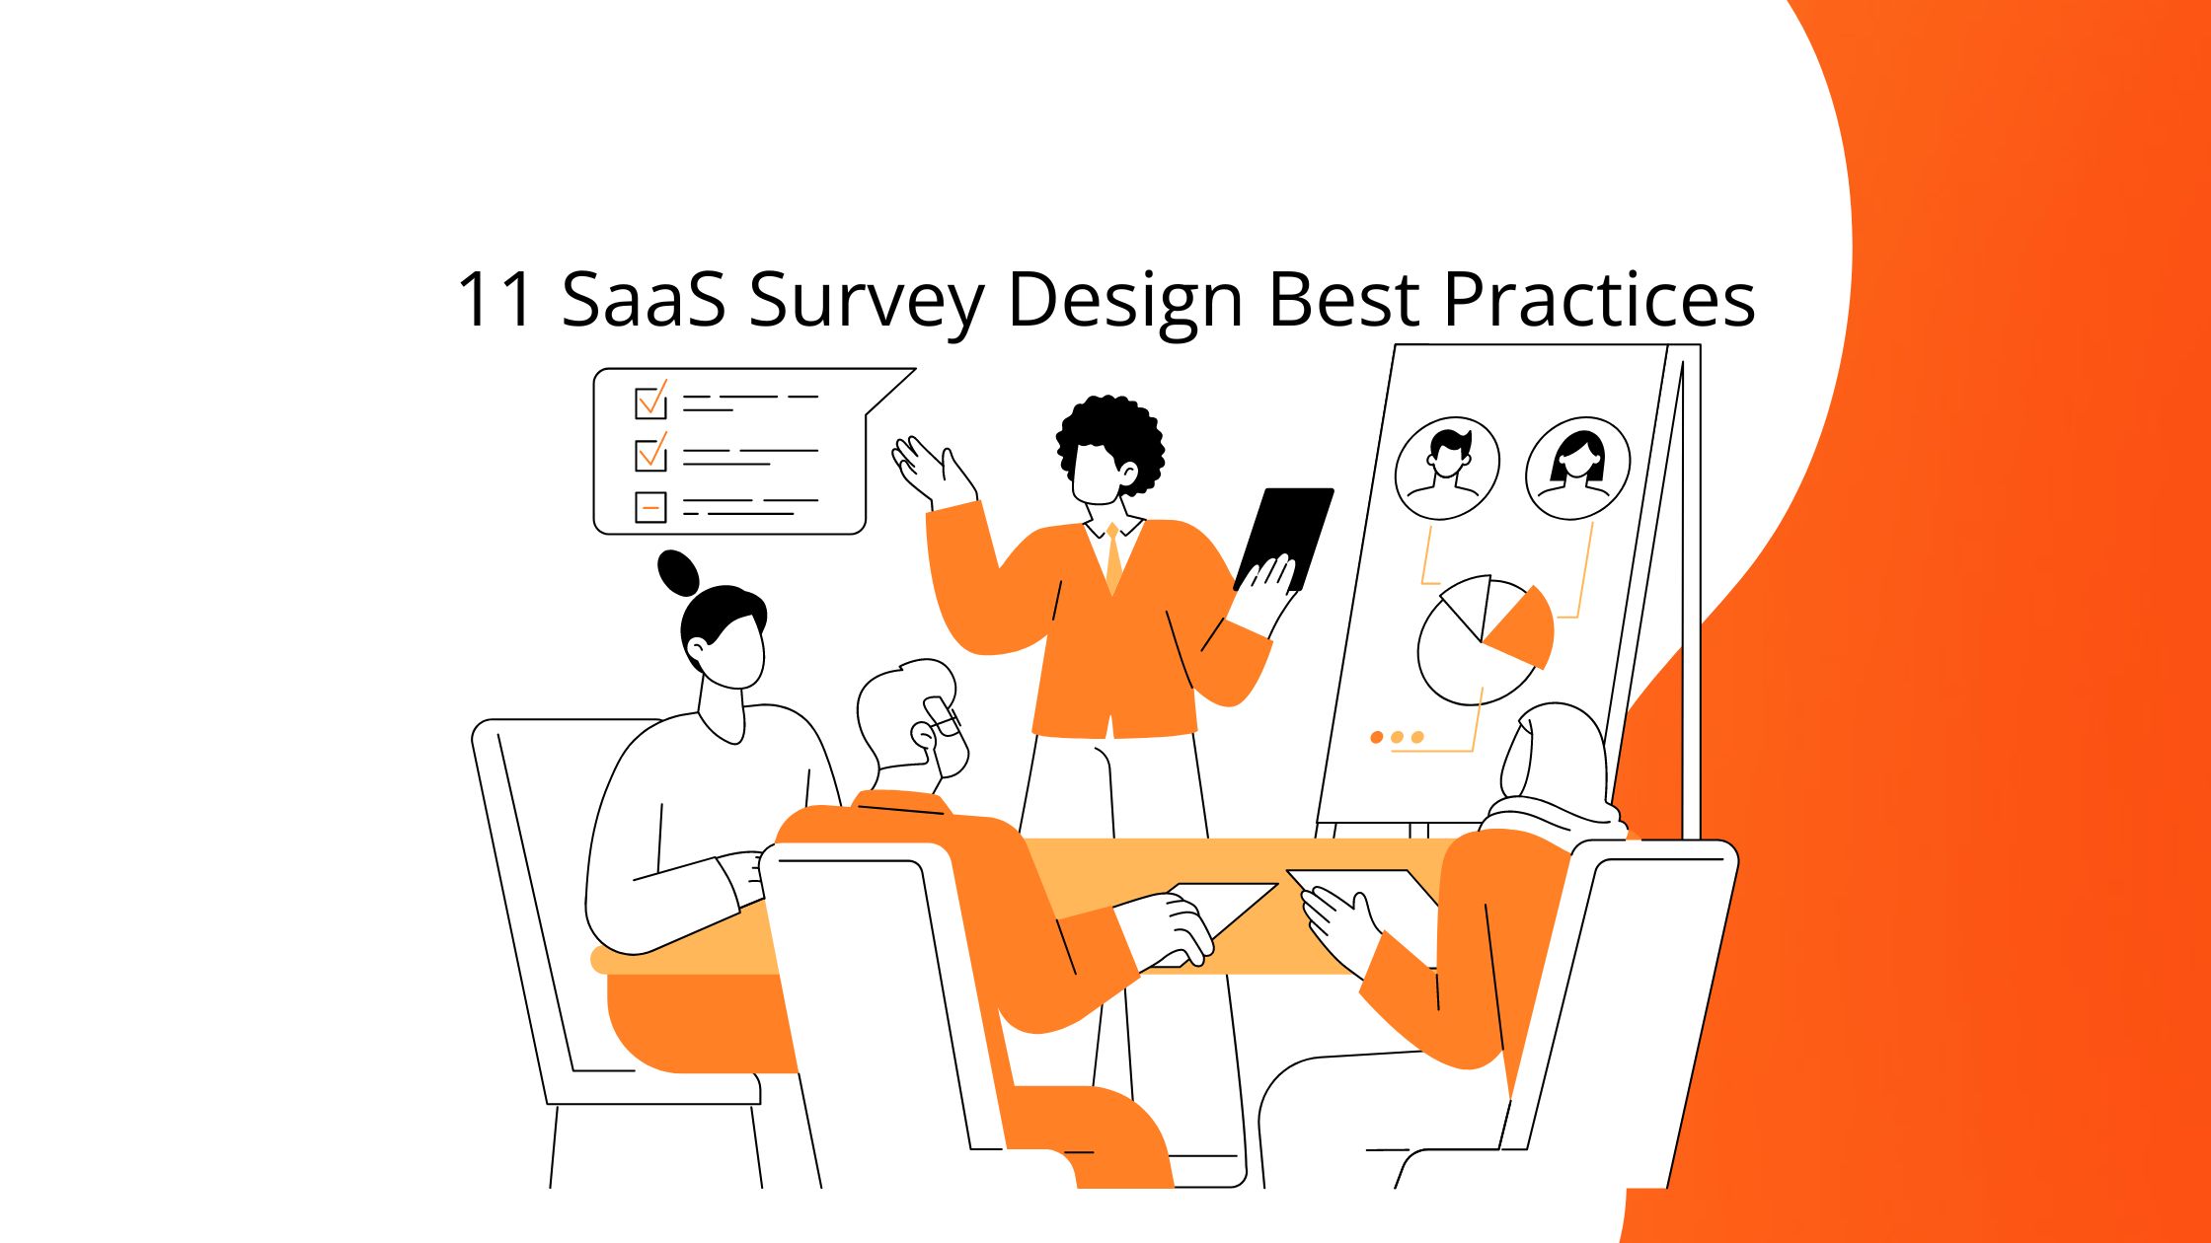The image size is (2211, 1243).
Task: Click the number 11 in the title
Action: (496, 299)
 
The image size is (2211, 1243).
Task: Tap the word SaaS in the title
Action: (644, 299)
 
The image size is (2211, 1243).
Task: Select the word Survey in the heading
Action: (866, 301)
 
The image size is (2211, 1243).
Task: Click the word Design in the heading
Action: (1124, 301)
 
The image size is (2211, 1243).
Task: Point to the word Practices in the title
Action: (1599, 299)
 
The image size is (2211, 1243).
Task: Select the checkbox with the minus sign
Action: (650, 507)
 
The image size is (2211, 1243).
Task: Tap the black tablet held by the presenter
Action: (1286, 533)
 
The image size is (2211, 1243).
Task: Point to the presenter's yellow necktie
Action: (1113, 558)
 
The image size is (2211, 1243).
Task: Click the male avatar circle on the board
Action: (1447, 468)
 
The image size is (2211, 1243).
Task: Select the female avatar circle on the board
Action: (1577, 468)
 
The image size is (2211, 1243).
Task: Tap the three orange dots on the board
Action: (1397, 737)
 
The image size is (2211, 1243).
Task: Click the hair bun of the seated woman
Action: (677, 571)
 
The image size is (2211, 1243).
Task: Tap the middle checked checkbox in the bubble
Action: (650, 455)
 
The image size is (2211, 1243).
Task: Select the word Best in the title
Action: (1343, 299)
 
